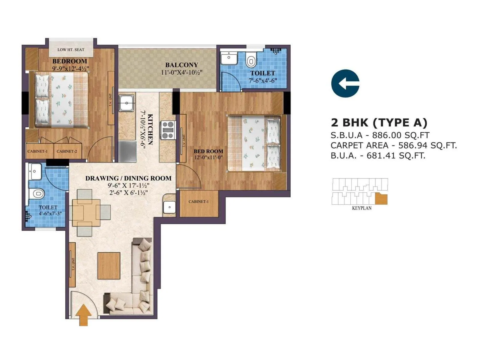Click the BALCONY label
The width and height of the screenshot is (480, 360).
point(181,65)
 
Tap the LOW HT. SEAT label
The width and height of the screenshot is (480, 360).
point(71,49)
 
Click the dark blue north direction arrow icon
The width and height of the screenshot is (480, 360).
point(345,83)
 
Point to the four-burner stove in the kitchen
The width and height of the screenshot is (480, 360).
point(168,130)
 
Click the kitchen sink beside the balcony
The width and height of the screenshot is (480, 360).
point(127,103)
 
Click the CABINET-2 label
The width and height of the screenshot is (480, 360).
point(67,151)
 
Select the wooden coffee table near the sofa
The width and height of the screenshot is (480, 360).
point(109,265)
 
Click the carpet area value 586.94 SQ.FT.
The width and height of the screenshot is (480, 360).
point(427,145)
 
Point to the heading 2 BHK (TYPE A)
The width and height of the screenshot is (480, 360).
point(379,122)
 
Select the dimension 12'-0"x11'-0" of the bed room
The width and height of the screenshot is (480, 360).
point(208,157)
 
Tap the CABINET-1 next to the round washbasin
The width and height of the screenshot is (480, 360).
point(199,202)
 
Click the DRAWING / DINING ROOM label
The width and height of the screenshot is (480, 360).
point(128,178)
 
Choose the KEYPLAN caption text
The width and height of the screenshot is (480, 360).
point(361,208)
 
